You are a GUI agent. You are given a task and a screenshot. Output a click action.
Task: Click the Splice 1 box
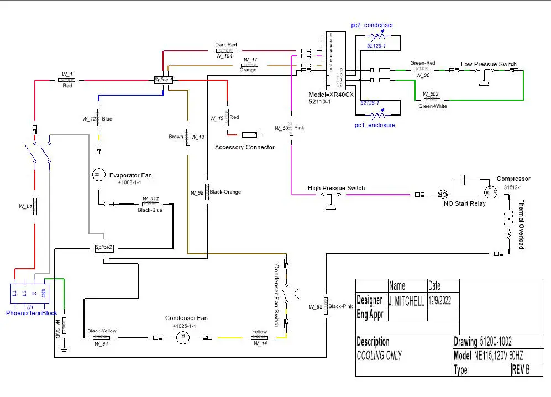click(x=163, y=80)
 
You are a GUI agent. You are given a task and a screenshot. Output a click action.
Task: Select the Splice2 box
click(x=103, y=248)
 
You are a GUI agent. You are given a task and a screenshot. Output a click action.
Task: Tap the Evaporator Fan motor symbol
click(x=98, y=174)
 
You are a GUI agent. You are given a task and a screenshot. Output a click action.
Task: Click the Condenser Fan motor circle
click(x=182, y=338)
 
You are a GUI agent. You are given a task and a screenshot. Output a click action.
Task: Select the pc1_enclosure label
click(x=375, y=126)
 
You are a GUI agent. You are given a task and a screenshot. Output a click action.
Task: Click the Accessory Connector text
click(x=244, y=147)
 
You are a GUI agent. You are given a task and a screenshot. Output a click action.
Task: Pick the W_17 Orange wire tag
click(x=250, y=65)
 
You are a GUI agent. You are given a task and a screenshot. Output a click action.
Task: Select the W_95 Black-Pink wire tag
click(x=326, y=306)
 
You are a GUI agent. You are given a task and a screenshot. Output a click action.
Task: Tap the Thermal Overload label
click(x=521, y=225)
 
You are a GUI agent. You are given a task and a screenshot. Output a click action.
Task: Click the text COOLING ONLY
click(x=379, y=356)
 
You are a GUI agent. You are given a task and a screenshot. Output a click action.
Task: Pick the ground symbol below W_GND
click(x=64, y=348)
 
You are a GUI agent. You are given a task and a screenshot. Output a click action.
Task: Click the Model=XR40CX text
click(x=330, y=95)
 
